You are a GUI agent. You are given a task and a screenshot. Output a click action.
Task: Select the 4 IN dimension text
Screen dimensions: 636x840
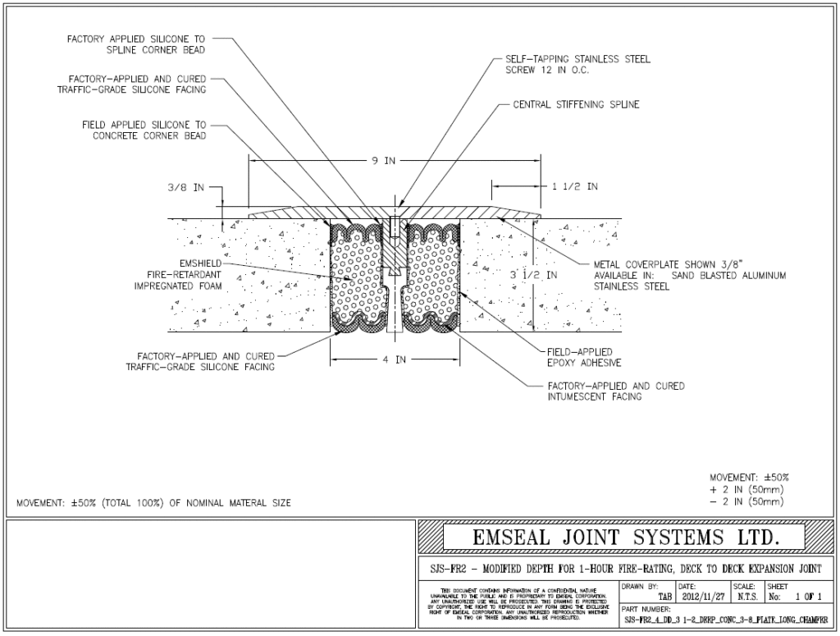pyautogui.click(x=395, y=359)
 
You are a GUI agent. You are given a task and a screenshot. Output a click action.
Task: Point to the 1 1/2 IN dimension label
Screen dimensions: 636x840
pyautogui.click(x=574, y=187)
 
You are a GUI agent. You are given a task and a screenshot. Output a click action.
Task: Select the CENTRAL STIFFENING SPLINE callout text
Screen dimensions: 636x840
pyautogui.click(x=575, y=104)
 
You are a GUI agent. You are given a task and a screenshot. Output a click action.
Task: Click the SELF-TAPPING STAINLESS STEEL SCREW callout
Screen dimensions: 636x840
pyautogui.click(x=577, y=65)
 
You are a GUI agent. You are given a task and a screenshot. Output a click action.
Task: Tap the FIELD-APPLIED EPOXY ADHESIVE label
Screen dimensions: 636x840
pyautogui.click(x=583, y=357)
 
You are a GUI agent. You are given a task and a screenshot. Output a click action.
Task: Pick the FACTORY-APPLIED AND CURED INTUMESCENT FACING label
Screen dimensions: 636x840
pyautogui.click(x=615, y=391)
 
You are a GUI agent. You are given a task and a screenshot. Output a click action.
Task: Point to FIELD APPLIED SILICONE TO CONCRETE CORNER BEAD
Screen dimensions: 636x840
pyautogui.click(x=144, y=130)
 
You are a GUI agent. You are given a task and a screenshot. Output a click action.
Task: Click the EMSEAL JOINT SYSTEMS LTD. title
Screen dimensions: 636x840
pyautogui.click(x=623, y=538)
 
